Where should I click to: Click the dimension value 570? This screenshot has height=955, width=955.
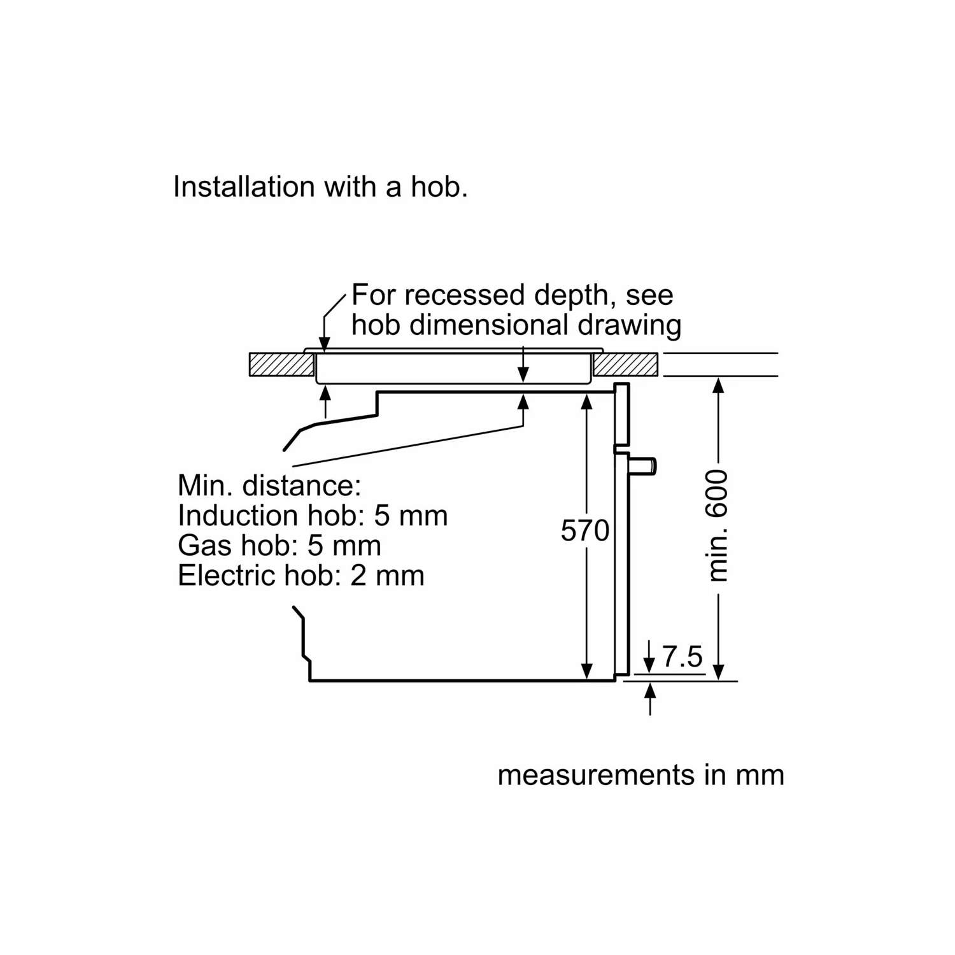584,530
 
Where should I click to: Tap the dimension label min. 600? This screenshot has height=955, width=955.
718,525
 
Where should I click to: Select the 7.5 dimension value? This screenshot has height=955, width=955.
683,656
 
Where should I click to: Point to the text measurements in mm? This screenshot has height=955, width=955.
640,775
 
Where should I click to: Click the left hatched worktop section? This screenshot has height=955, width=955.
281,365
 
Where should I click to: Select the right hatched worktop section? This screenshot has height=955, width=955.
626,365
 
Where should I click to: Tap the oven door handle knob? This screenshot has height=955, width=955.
643,466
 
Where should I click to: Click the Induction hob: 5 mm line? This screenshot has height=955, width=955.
313,515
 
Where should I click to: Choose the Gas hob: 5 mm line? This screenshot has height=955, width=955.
279,545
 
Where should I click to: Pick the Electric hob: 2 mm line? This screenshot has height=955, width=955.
301,575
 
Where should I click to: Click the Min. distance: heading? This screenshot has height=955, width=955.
269,485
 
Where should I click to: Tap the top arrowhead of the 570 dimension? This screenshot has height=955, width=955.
587,401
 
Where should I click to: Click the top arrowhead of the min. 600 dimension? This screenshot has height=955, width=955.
718,386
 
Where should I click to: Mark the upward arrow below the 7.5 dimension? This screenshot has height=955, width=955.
650,698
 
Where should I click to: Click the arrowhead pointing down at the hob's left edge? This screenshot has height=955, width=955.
324,344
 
